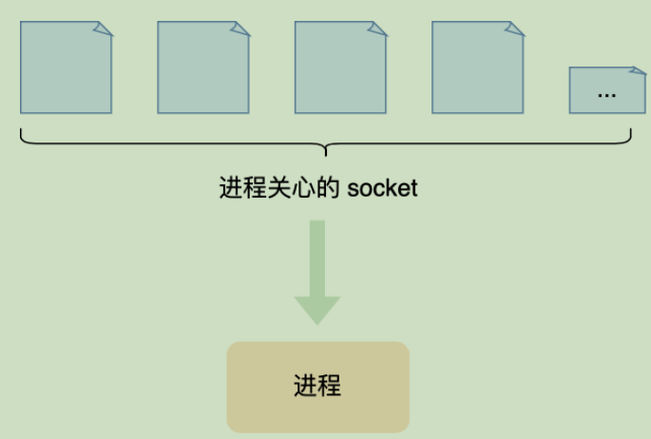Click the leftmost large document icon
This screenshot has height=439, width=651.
[x=66, y=67]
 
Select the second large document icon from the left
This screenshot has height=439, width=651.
[x=202, y=67]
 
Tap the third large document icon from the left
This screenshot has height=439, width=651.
[x=339, y=67]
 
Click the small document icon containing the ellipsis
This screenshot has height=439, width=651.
[x=606, y=90]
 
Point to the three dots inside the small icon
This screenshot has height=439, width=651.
[x=606, y=94]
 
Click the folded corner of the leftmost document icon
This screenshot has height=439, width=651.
[x=104, y=29]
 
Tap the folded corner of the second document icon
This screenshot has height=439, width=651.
[x=241, y=29]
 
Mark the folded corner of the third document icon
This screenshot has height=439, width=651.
[x=378, y=29]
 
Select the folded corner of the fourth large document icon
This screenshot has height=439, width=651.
[x=515, y=29]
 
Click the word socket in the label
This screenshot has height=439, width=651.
[x=382, y=188]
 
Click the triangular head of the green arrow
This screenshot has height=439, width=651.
[x=317, y=309]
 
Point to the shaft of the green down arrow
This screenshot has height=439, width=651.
[x=317, y=257]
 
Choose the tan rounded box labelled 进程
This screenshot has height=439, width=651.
[x=317, y=387]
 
